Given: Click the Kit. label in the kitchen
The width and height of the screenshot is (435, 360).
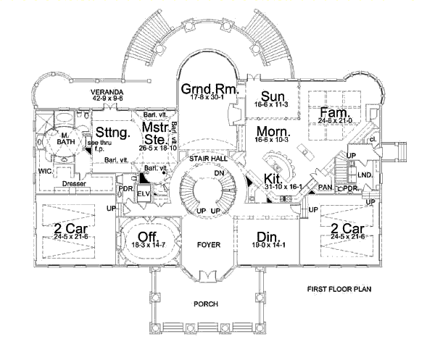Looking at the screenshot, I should point(273,177).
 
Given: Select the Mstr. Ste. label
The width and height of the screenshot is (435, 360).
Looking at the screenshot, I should point(156,132).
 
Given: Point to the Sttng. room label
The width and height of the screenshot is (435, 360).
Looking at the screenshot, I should point(111,132).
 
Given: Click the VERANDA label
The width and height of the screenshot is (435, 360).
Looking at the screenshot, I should point(105,93).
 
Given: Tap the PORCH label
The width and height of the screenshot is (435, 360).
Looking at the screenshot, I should point(207,304).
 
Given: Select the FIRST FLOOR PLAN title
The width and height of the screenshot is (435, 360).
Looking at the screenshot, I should point(339,289).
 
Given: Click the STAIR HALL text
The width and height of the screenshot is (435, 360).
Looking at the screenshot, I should point(204,158).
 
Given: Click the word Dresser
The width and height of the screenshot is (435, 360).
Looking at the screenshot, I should point(74,184).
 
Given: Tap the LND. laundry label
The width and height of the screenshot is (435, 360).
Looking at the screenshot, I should point(365,175).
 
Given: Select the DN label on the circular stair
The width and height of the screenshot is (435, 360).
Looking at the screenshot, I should point(218,173).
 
